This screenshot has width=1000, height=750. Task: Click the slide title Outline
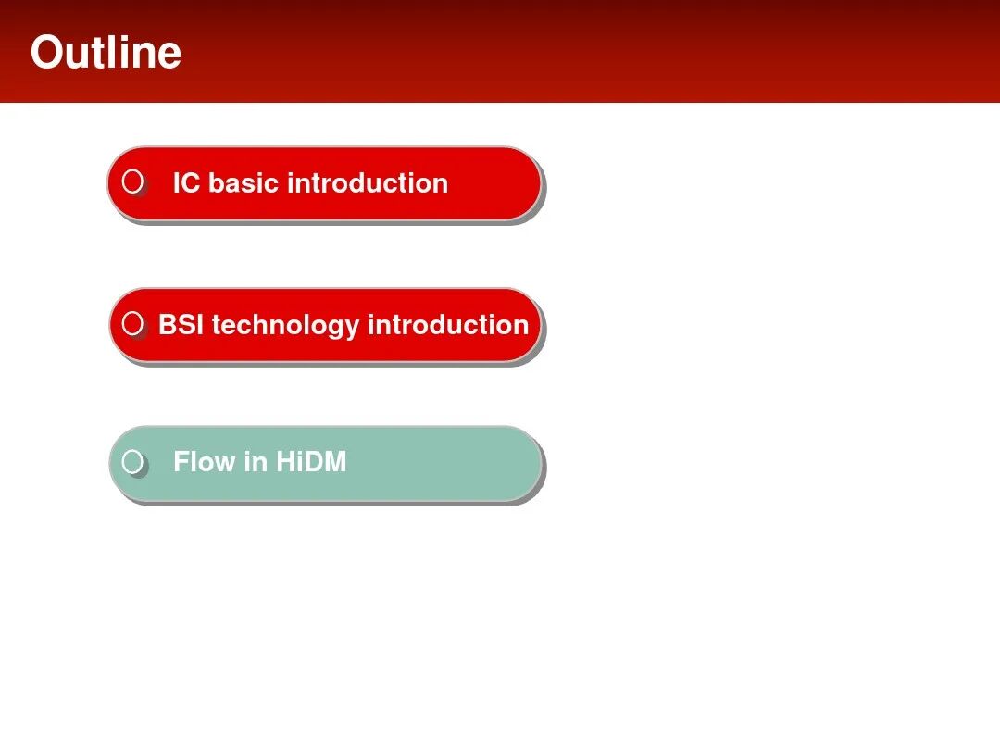[x=106, y=52]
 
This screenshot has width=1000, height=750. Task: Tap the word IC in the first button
[x=187, y=183]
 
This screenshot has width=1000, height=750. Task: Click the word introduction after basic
[x=368, y=183]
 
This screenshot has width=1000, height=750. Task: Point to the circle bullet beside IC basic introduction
[x=132, y=181]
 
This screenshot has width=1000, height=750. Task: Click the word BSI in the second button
[x=181, y=325]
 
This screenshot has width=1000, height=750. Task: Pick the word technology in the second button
[x=286, y=326]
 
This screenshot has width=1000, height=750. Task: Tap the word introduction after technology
[x=448, y=325]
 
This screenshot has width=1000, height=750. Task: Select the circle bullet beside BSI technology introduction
[x=132, y=323]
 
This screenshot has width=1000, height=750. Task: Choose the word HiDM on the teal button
[x=311, y=462]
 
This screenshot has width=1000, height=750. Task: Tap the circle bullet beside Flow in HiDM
[x=132, y=461]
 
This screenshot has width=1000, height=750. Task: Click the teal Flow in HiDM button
[x=326, y=464]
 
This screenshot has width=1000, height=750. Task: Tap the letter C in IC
[x=192, y=183]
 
